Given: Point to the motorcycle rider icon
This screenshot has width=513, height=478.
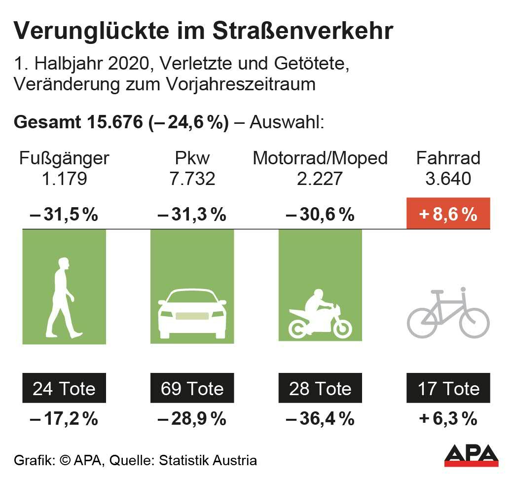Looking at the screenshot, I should pos(320,314).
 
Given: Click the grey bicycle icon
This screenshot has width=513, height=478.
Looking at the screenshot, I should pos(448,312).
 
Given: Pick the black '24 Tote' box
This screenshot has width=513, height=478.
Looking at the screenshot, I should pos(64,388).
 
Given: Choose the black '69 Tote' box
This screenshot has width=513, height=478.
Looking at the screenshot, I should pos(192,388).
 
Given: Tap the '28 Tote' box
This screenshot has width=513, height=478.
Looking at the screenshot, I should pos(320,388).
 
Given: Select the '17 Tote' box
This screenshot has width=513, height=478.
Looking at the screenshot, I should pos(448,388).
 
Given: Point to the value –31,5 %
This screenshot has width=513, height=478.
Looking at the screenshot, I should pos(64,215).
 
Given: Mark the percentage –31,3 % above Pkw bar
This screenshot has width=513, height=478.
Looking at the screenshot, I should pos(192,215).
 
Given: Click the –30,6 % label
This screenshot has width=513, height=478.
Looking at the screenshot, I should pos(320,215).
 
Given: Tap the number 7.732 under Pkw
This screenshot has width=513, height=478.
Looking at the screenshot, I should pos(192,179).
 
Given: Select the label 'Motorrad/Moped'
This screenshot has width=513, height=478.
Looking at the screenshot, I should pos(320,158).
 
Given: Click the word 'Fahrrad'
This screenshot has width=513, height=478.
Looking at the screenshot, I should pos(448,158).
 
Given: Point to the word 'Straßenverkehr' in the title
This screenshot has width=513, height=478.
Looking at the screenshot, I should pos(303,32).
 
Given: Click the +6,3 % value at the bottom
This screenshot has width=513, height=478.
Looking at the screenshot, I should pos(448,419).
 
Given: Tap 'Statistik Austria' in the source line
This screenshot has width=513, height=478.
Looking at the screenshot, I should pos(208,461).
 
